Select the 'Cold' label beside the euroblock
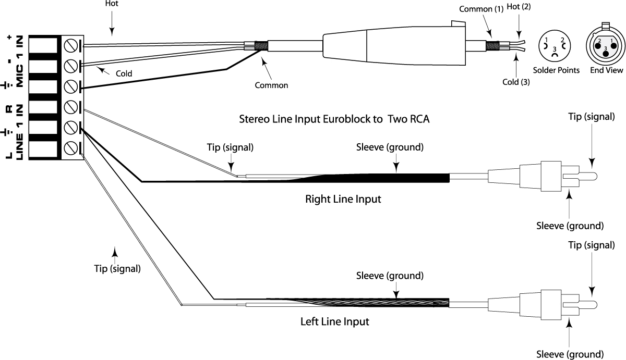point(124,74)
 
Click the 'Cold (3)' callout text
point(516,82)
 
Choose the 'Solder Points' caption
point(556,70)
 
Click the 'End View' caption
point(606,70)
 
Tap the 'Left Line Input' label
point(335,321)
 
